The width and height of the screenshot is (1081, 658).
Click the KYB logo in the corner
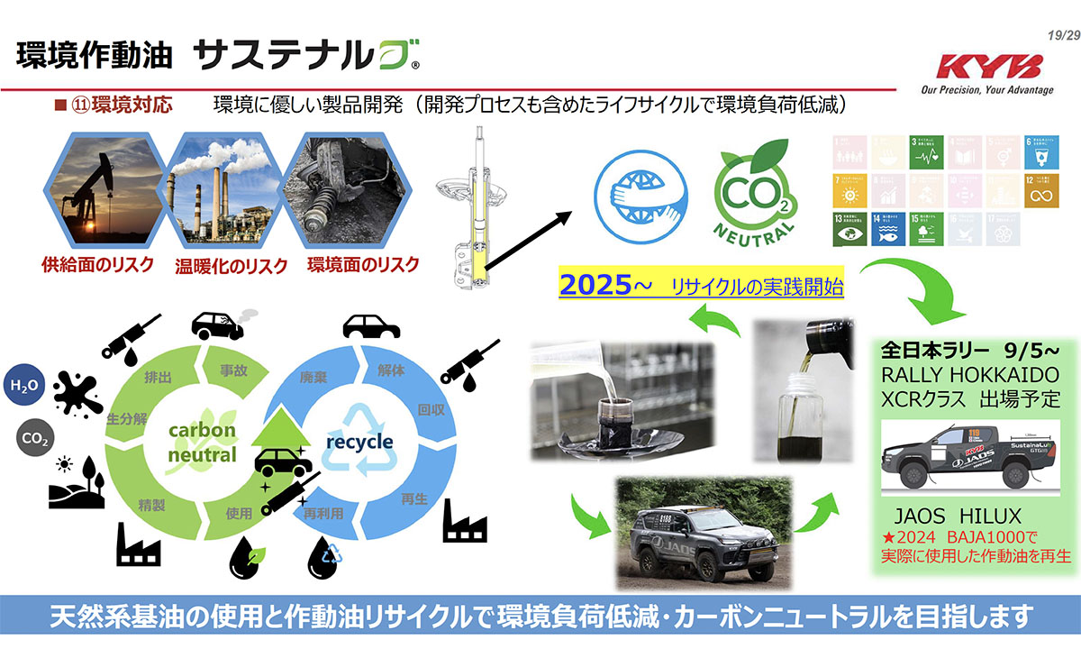pos(989,68)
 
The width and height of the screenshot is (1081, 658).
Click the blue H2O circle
pos(24,386)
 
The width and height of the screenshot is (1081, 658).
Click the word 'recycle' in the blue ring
pos(359,442)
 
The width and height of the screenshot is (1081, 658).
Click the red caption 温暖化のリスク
pos(231,266)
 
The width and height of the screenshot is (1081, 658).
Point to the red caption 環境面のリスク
pos(363,265)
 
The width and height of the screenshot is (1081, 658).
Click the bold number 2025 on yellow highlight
pos(594,286)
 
